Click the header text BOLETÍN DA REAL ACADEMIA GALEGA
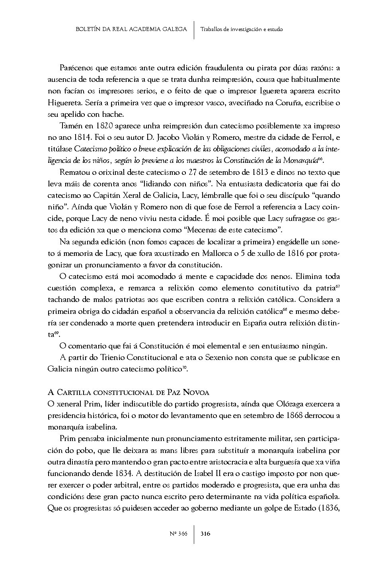pyautogui.click(x=131, y=29)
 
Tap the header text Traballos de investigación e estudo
pyautogui.click(x=242, y=29)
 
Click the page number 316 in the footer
pyautogui.click(x=205, y=533)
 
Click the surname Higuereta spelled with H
pyautogui.click(x=65, y=103)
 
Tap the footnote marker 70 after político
pyautogui.click(x=184, y=367)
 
